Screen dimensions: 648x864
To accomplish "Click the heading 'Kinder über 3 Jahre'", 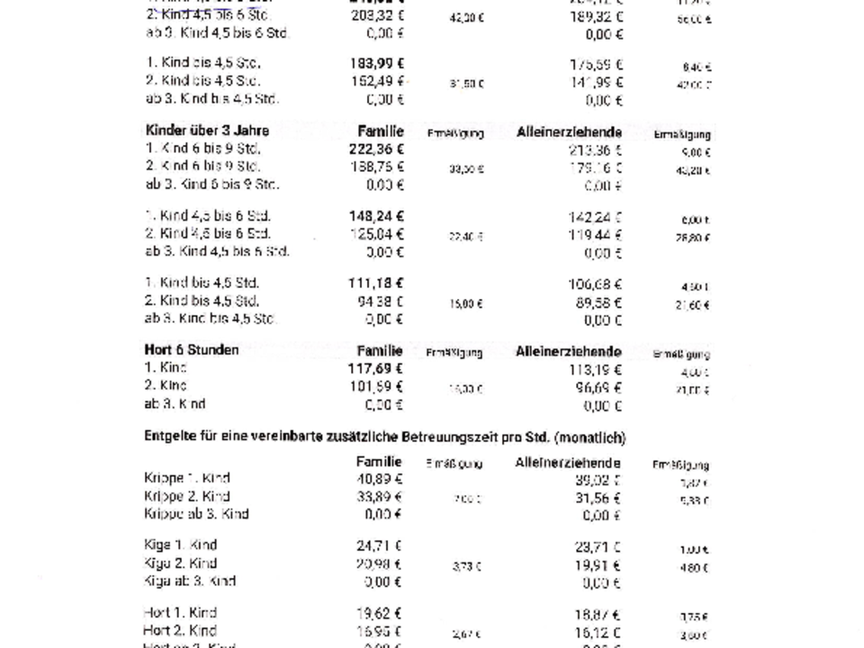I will (x=194, y=131).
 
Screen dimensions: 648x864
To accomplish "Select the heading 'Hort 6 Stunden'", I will (x=192, y=350).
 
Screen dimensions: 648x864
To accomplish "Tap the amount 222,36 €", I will (x=376, y=149).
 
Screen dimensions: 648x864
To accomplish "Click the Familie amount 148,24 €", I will (x=376, y=216).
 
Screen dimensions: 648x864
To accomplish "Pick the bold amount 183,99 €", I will (x=376, y=64).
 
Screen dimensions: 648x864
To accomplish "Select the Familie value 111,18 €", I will (x=376, y=283).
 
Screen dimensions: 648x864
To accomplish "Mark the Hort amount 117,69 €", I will (x=376, y=368).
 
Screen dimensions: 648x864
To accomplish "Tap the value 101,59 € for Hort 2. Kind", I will (x=376, y=386).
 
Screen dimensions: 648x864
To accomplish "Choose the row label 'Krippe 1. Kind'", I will (x=186, y=479).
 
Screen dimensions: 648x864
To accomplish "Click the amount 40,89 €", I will (x=379, y=479).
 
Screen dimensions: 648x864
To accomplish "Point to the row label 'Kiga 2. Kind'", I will (x=180, y=563).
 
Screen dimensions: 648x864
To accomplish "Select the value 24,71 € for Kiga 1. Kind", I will (x=379, y=545).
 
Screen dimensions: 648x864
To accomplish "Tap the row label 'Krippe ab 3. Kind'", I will (x=196, y=515).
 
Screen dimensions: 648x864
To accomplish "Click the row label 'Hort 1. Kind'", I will (x=179, y=613).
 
